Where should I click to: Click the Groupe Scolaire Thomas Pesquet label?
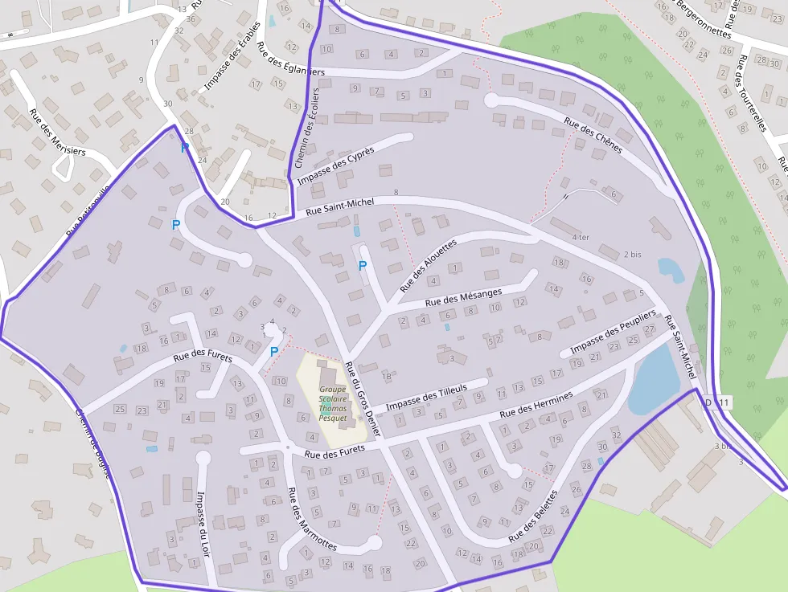pos(333,403)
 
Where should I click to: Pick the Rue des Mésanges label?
pos(463,296)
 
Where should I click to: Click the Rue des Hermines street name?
pos(536,403)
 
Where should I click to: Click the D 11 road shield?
pos(719,402)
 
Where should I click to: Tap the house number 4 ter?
pos(581,238)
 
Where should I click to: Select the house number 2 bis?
pos(632,255)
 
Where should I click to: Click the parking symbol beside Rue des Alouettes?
pos(363,265)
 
